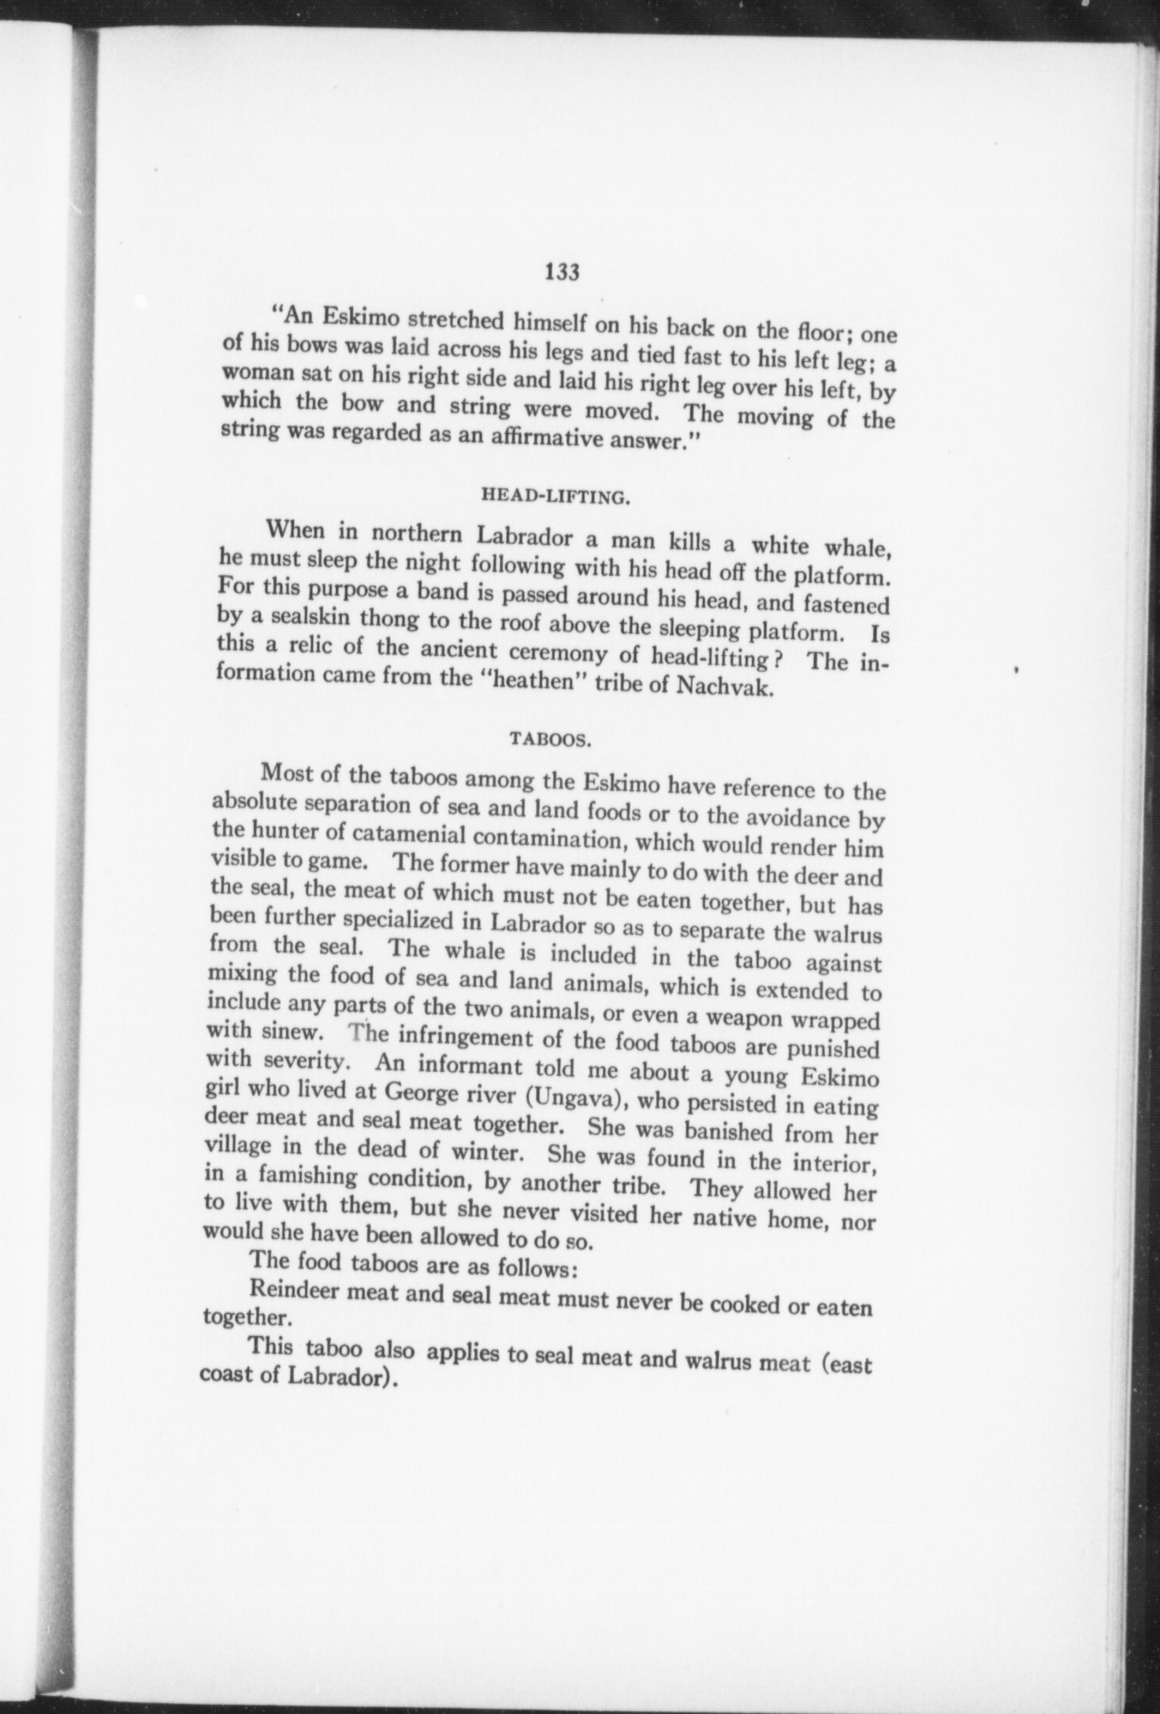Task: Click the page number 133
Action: (561, 272)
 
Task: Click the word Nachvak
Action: (727, 685)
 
